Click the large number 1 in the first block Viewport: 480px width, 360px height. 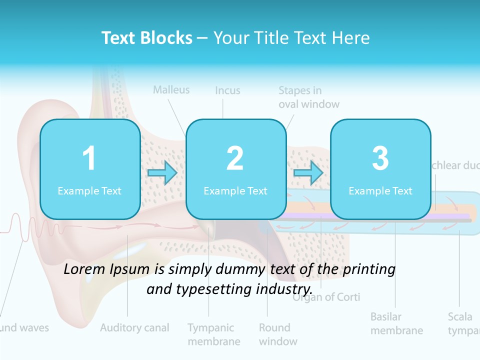pyautogui.click(x=89, y=158)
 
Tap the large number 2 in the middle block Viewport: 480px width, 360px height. pyautogui.click(x=235, y=158)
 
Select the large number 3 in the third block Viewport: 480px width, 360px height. pyautogui.click(x=380, y=158)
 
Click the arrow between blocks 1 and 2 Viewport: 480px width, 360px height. pyautogui.click(x=162, y=173)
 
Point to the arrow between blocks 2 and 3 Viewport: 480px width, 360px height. pyautogui.click(x=308, y=173)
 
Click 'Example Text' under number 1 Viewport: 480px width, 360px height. pyautogui.click(x=89, y=190)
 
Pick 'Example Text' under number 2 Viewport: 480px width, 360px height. pyautogui.click(x=235, y=190)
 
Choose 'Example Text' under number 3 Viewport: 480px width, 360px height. pyautogui.click(x=380, y=190)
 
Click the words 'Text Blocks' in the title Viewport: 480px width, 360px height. pyautogui.click(x=147, y=38)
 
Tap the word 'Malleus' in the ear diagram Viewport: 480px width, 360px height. pyautogui.click(x=171, y=90)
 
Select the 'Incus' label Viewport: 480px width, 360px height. pyautogui.click(x=227, y=90)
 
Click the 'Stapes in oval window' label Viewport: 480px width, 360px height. pyautogui.click(x=308, y=97)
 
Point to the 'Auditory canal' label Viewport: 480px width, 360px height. pyautogui.click(x=134, y=328)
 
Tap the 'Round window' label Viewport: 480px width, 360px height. pyautogui.click(x=278, y=334)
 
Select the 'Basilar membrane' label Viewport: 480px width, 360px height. pyautogui.click(x=396, y=323)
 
